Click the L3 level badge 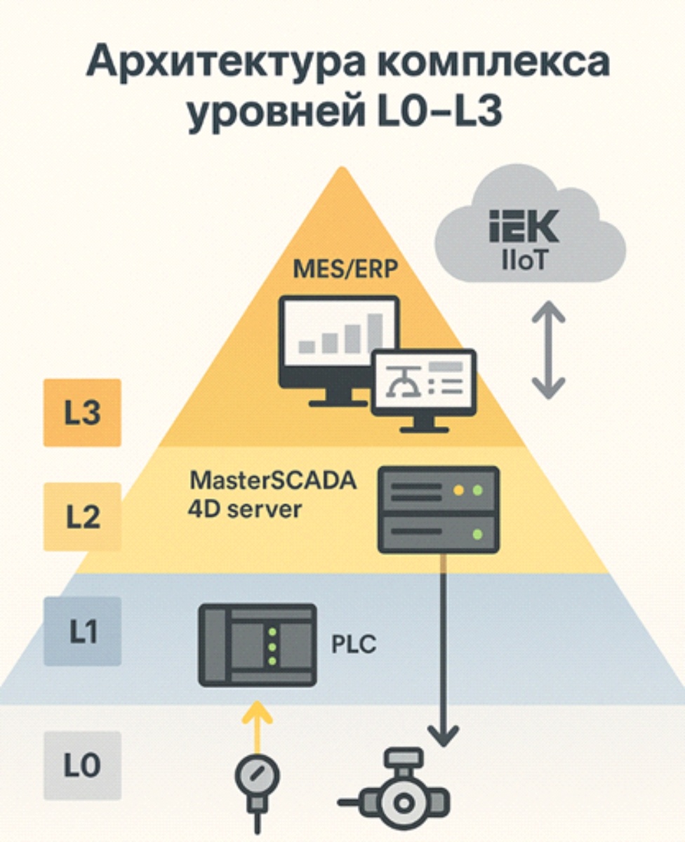[x=82, y=413]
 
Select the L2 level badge [x=82, y=517]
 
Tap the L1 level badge [x=82, y=631]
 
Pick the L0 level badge [x=82, y=766]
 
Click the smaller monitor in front [x=424, y=390]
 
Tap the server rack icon [x=438, y=509]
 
